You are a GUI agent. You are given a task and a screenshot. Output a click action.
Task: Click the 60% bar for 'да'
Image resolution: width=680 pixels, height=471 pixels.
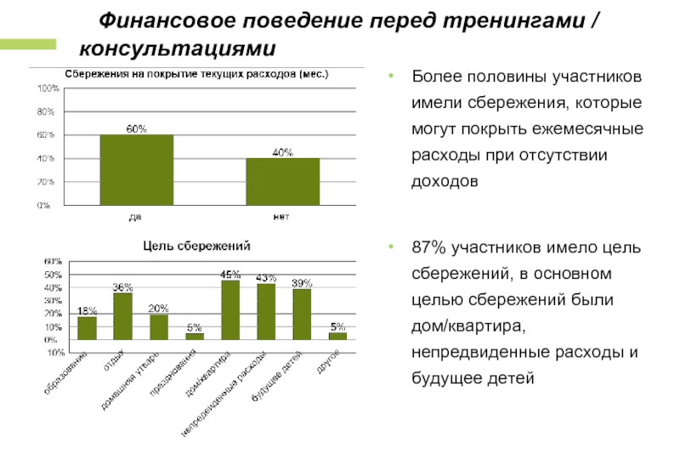(137, 170)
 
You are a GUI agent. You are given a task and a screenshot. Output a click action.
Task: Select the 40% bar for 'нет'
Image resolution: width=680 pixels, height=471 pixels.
(282, 181)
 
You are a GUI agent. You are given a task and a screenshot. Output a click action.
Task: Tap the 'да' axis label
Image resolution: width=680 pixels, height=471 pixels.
(135, 217)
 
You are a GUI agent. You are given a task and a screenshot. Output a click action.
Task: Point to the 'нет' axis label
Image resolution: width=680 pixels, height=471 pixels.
(281, 217)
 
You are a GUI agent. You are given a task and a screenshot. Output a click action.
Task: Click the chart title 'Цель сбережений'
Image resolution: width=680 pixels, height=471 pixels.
(195, 247)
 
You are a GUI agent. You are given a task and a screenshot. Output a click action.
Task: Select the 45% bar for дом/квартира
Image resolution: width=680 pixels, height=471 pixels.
(230, 309)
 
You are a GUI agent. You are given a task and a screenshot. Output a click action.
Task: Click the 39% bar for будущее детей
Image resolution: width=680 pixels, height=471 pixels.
(302, 314)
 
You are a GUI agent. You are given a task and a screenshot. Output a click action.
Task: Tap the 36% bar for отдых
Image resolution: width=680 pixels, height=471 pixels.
(123, 315)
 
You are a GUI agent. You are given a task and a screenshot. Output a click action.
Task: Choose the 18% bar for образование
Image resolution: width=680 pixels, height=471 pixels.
(88, 327)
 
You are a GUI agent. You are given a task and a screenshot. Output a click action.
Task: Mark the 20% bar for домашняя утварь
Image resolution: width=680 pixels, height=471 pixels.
(159, 326)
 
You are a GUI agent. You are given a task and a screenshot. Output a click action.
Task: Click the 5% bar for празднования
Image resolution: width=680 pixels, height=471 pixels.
(195, 336)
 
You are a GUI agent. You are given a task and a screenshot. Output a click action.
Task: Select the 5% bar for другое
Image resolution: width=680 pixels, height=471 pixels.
(337, 336)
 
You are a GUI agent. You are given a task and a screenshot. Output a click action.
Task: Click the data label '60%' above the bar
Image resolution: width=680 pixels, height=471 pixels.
(137, 128)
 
